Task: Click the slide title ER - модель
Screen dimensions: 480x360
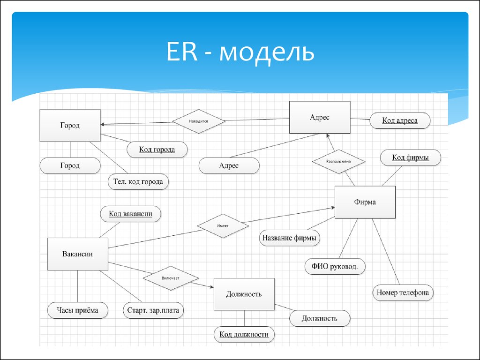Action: click(x=240, y=52)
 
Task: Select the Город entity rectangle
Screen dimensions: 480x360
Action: click(x=70, y=125)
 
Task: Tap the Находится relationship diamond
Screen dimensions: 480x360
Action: click(x=199, y=121)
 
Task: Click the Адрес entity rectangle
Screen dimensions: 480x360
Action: click(x=320, y=117)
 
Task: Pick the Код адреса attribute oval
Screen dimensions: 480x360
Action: click(x=400, y=120)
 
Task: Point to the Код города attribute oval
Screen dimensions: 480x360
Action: click(x=157, y=150)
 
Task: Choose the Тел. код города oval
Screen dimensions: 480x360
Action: click(x=138, y=181)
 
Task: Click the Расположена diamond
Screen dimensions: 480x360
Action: click(x=338, y=161)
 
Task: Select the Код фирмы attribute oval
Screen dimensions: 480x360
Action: click(x=411, y=157)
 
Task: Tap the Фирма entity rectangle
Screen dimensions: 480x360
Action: click(x=365, y=202)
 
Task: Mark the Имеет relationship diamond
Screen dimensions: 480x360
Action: click(x=223, y=226)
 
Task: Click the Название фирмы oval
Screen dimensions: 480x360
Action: click(x=290, y=238)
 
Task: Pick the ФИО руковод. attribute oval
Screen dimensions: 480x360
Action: click(x=335, y=266)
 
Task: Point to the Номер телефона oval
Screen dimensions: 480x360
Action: click(x=403, y=292)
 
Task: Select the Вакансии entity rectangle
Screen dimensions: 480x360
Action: click(x=78, y=254)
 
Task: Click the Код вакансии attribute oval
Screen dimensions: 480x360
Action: click(x=131, y=214)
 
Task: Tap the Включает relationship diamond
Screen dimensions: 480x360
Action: click(x=171, y=278)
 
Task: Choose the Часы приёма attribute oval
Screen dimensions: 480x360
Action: click(x=78, y=310)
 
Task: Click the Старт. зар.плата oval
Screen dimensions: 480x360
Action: click(x=153, y=310)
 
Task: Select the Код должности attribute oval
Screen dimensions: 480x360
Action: click(x=244, y=334)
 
